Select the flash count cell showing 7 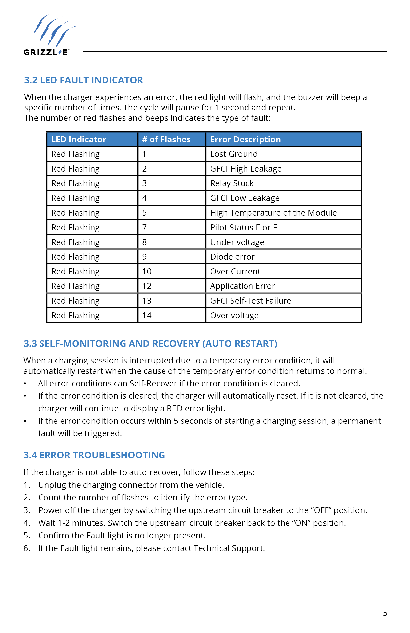pyautogui.click(x=145, y=227)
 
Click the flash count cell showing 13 pyautogui.click(x=147, y=301)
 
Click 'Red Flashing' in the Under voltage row pyautogui.click(x=75, y=242)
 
